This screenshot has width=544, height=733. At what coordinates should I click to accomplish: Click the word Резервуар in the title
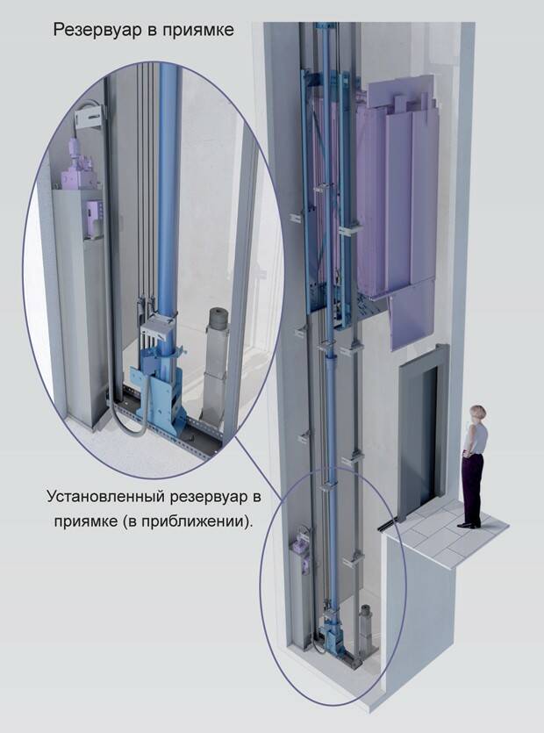pyautogui.click(x=97, y=31)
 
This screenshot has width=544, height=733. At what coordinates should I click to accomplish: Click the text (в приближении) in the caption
pyautogui.click(x=187, y=521)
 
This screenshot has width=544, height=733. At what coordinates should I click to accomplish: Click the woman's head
pyautogui.click(x=477, y=413)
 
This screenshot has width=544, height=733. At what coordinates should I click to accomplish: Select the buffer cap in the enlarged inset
pyautogui.click(x=218, y=317)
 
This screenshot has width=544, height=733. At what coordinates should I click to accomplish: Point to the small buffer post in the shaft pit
pyautogui.click(x=366, y=629)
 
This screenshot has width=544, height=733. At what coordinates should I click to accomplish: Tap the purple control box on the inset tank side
pyautogui.click(x=94, y=219)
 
